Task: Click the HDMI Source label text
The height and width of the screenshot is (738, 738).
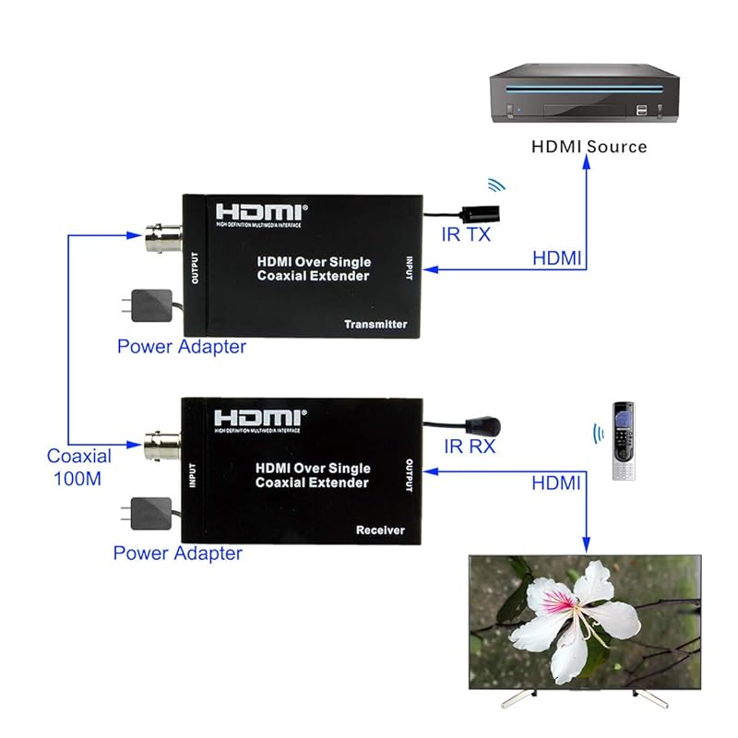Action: [589, 146]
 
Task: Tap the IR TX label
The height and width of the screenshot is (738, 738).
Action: [466, 234]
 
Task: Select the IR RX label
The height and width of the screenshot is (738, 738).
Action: [469, 446]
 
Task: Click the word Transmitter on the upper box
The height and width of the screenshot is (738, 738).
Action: [375, 325]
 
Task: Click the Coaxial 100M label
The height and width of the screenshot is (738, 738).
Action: [79, 467]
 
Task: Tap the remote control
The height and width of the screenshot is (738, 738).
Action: [625, 440]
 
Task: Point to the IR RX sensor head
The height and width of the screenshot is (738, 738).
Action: [484, 426]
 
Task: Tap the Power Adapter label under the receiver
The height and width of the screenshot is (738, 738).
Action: [177, 553]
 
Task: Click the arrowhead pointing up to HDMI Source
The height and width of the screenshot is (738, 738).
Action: [587, 163]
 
